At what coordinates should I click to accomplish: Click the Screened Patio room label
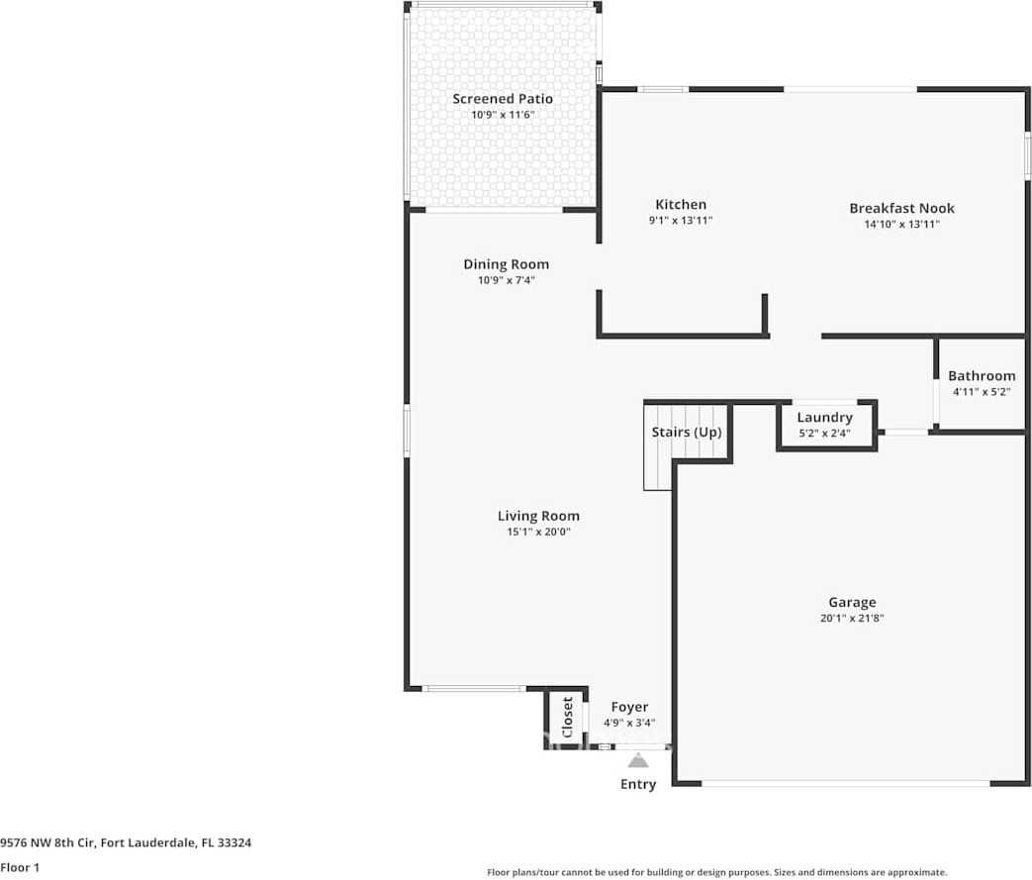(x=503, y=99)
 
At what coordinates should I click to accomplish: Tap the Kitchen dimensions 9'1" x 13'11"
(x=681, y=221)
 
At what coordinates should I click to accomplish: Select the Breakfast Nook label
(x=901, y=208)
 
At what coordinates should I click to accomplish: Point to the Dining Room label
(x=506, y=264)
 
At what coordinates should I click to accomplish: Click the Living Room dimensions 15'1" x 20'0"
(x=538, y=532)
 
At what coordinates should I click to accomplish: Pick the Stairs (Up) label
(x=687, y=433)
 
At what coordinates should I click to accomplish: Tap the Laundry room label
(x=824, y=418)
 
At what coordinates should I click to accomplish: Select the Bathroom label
(x=982, y=376)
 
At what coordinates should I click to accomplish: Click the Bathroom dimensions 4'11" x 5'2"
(x=982, y=392)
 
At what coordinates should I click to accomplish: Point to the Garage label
(x=852, y=602)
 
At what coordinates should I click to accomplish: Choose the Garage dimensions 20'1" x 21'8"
(x=852, y=618)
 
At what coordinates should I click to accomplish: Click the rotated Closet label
(x=568, y=718)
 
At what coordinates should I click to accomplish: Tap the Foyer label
(x=629, y=707)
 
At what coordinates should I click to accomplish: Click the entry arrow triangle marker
(x=638, y=760)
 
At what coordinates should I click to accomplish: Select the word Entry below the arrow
(x=638, y=784)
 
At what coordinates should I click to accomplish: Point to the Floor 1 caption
(x=19, y=867)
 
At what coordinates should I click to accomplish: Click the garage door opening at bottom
(x=846, y=784)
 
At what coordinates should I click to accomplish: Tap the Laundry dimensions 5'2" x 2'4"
(x=824, y=434)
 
